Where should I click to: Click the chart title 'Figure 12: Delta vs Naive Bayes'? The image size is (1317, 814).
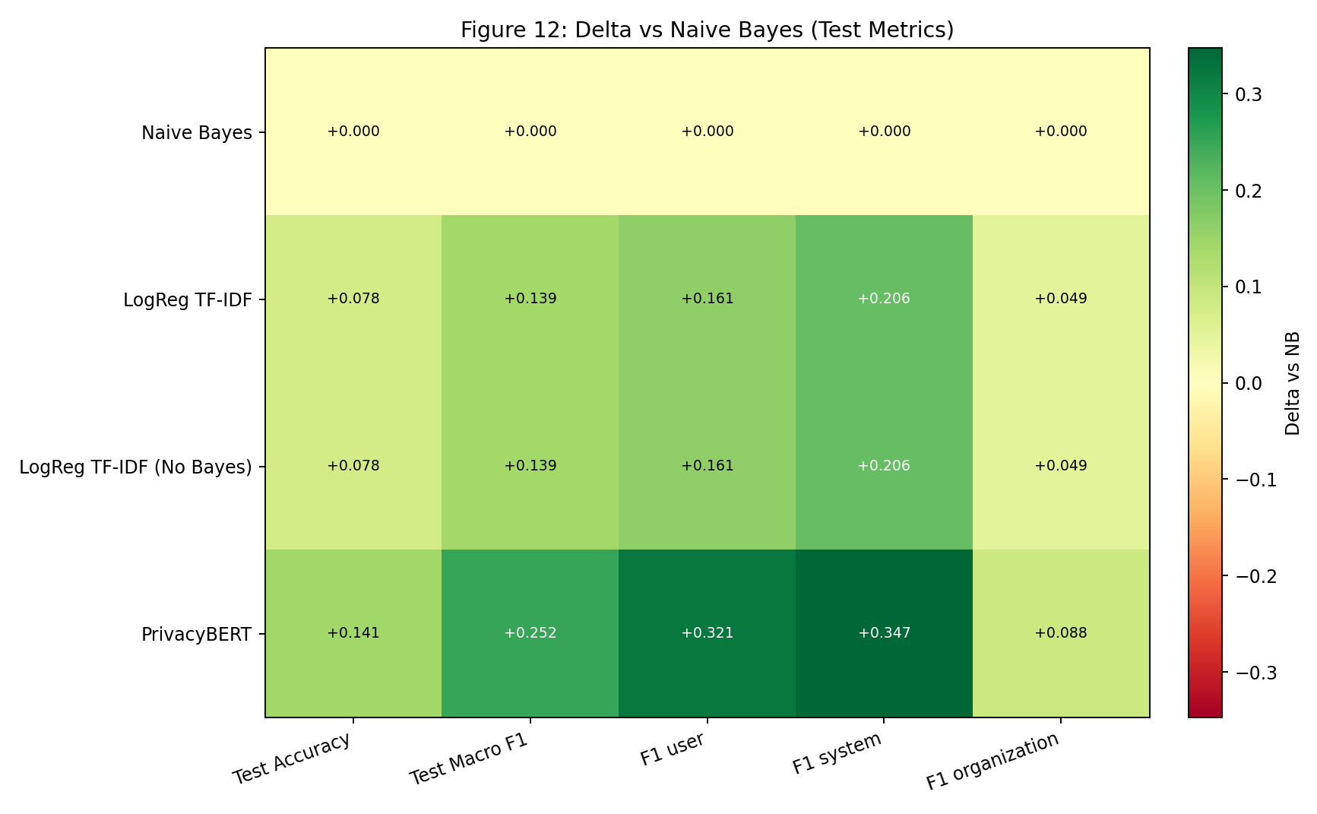coord(707,30)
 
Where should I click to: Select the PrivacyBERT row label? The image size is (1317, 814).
coord(196,634)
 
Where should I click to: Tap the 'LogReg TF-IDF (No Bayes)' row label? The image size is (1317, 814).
coord(135,467)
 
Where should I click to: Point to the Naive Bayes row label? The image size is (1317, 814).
coord(196,133)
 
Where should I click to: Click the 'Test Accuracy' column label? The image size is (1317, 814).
coord(293,758)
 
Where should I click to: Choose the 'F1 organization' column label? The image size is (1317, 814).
coord(992,762)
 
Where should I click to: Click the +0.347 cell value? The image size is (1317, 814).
coord(884,633)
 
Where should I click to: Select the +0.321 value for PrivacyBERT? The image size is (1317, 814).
coord(707,633)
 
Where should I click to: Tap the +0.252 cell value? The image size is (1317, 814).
coord(530,633)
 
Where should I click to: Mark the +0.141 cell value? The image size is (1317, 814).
coord(353,633)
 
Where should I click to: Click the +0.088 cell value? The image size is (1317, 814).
coord(1060,633)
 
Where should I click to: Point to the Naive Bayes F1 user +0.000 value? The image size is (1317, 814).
coord(707,131)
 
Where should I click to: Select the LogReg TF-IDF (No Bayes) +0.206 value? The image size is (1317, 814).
coord(884,466)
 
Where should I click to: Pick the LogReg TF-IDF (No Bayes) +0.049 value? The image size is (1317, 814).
coord(1060,466)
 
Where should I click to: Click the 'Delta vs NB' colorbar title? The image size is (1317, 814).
coord(1292,383)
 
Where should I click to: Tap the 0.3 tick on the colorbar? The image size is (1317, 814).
coord(1246,94)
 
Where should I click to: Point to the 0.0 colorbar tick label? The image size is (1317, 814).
coord(1246,383)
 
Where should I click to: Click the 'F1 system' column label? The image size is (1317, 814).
coord(837,754)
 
